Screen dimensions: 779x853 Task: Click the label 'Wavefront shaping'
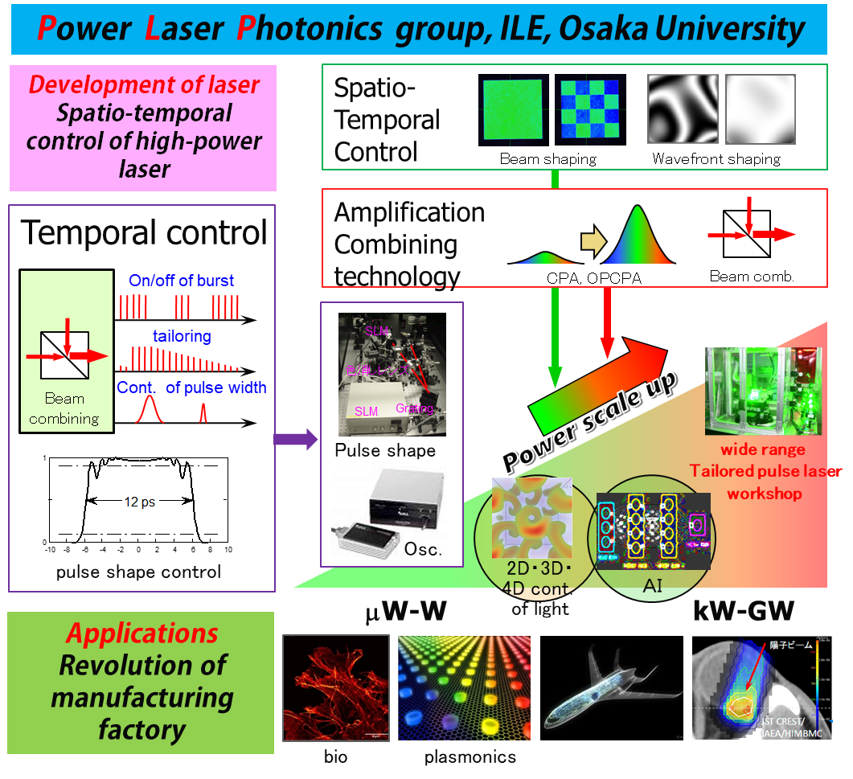[716, 158]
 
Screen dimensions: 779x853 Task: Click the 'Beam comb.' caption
[752, 276]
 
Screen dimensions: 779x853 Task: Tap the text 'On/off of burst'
[182, 281]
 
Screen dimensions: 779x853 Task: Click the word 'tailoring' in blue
[182, 336]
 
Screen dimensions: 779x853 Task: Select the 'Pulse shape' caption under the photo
[385, 450]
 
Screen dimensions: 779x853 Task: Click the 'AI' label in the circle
[652, 587]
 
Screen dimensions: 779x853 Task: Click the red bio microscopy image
[335, 687]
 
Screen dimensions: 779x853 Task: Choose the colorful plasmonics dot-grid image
[464, 687]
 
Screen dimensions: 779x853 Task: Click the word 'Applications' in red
[141, 633]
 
